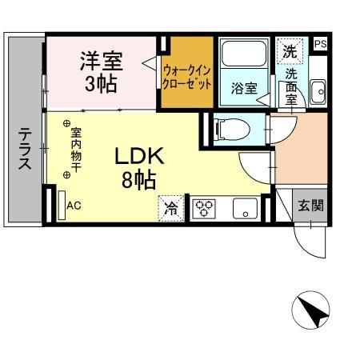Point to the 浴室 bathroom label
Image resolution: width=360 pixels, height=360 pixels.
point(244,88)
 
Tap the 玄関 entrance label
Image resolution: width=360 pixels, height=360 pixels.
point(311,205)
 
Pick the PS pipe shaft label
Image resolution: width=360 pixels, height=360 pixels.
point(320,44)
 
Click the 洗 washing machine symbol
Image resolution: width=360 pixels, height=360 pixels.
point(289,50)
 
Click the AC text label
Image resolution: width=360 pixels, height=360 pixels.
point(74,206)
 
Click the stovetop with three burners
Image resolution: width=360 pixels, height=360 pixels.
point(204,208)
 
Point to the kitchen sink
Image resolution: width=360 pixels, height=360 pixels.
point(242,210)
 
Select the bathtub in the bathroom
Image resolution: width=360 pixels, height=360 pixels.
point(244,54)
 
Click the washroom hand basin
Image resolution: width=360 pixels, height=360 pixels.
point(317,90)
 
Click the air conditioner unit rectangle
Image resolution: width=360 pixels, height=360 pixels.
point(61,204)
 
